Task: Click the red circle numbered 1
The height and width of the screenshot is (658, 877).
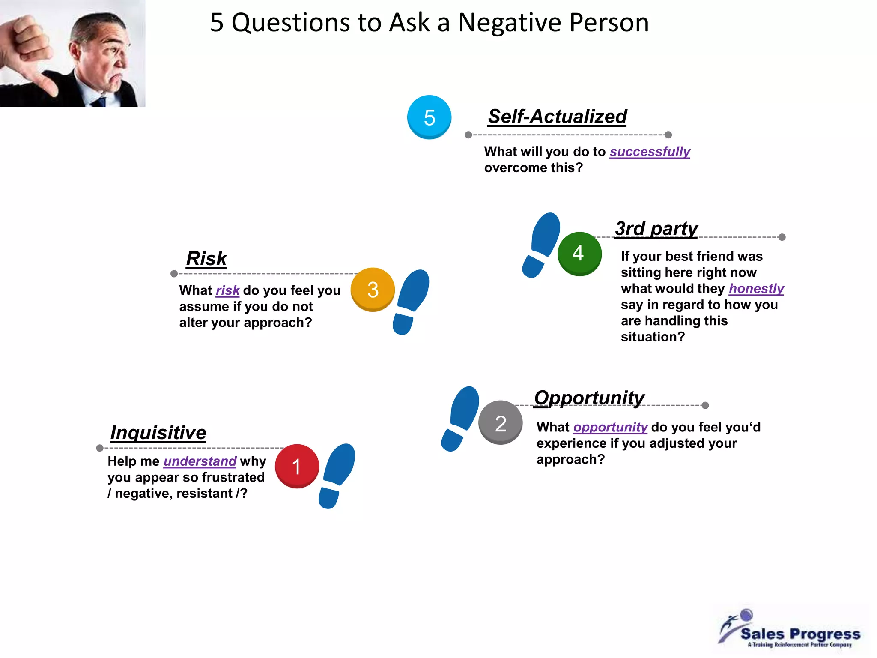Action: click(x=297, y=466)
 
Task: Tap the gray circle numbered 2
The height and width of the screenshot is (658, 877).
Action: click(x=500, y=423)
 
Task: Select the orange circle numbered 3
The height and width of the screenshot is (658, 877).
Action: click(x=373, y=290)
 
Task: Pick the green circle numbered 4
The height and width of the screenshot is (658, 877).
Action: click(x=579, y=253)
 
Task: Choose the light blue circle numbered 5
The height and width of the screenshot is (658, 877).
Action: click(x=429, y=117)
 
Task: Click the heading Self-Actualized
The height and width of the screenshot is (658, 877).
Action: click(x=557, y=117)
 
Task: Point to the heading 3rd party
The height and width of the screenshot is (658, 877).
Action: click(x=656, y=229)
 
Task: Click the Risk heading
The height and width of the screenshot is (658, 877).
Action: click(x=206, y=259)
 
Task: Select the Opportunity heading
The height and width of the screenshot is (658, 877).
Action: click(x=589, y=398)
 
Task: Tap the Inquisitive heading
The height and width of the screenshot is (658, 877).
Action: click(x=158, y=433)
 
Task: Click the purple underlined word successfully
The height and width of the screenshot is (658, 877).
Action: click(x=650, y=152)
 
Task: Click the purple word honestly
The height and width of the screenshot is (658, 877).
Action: click(x=756, y=289)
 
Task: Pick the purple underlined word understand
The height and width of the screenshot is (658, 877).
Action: click(x=200, y=461)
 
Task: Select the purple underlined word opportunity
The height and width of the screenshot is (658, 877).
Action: click(x=610, y=427)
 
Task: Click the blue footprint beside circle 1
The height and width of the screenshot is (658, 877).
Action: click(x=337, y=476)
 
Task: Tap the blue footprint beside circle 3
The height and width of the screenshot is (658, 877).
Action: click(x=410, y=301)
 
